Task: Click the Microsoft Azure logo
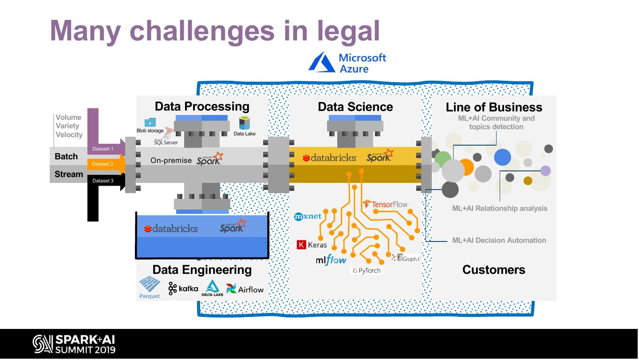click(x=347, y=63)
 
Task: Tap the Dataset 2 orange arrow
click(x=106, y=164)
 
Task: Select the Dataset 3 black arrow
click(x=106, y=181)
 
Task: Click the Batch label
click(x=66, y=157)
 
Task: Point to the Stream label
click(x=69, y=174)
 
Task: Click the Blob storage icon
click(x=150, y=123)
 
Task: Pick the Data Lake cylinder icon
click(x=244, y=123)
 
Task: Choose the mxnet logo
click(x=308, y=217)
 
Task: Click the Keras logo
click(x=312, y=245)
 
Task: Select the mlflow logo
click(x=331, y=261)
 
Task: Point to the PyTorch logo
click(x=367, y=270)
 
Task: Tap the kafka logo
click(x=183, y=289)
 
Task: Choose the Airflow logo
click(x=245, y=289)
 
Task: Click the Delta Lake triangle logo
click(x=212, y=288)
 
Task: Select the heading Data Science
click(x=355, y=107)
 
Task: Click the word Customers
click(x=493, y=270)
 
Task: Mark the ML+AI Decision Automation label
click(x=499, y=241)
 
